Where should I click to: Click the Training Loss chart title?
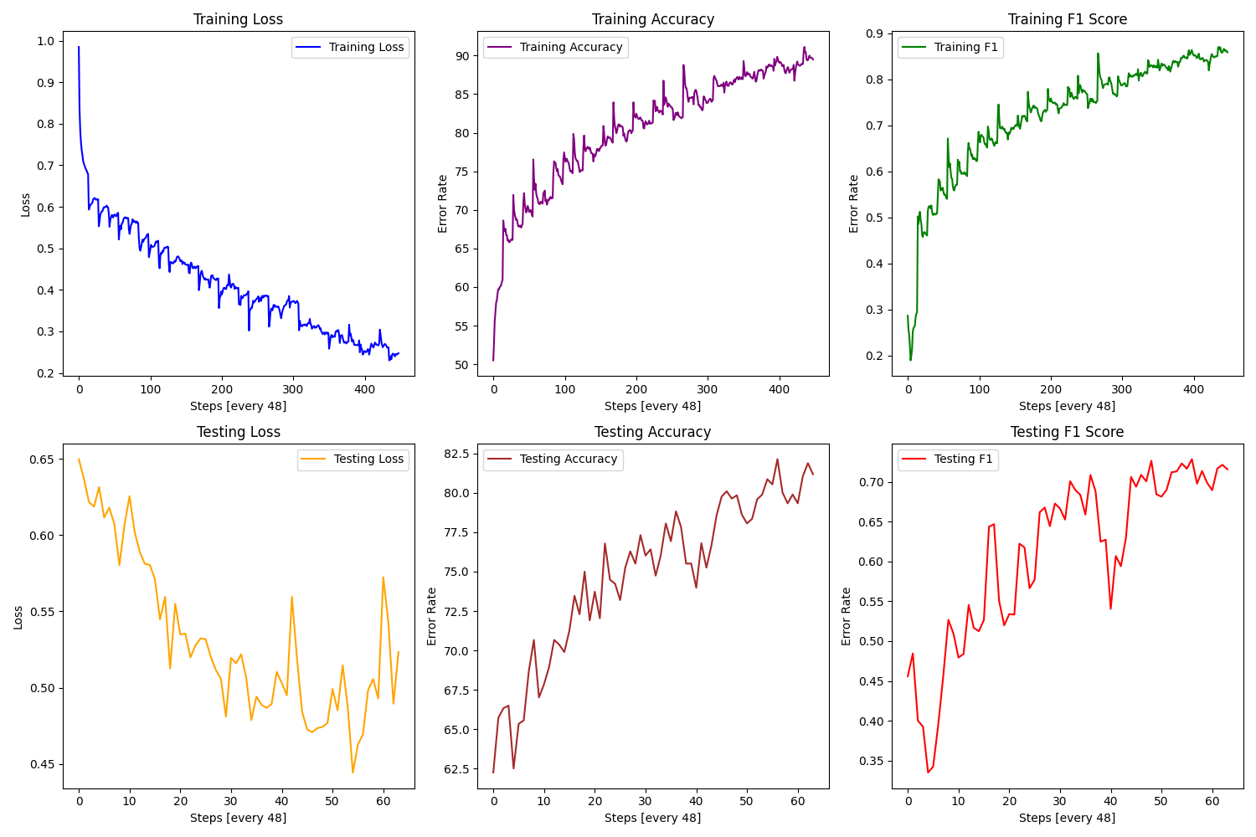(x=238, y=19)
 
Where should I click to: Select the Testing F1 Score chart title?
(x=1067, y=432)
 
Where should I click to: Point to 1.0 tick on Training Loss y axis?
(x=45, y=41)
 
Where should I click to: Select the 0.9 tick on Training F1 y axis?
(x=874, y=33)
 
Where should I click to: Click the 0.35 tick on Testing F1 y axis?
(x=871, y=762)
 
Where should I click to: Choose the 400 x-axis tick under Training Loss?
(x=364, y=390)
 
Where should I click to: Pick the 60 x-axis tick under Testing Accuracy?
(x=797, y=802)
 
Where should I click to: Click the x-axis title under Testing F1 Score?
(x=1067, y=818)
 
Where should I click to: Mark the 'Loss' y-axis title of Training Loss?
(x=25, y=205)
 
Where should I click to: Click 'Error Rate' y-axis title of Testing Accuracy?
(x=431, y=617)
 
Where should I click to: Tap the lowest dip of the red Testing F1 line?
(x=928, y=773)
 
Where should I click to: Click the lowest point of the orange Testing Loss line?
(x=353, y=773)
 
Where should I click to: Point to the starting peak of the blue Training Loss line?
(x=79, y=47)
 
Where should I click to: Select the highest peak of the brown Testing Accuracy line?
(x=777, y=460)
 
